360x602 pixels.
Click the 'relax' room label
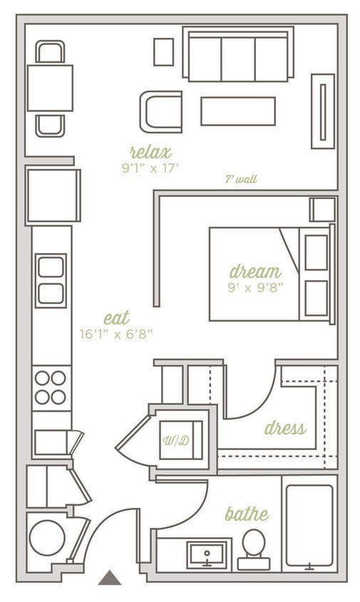click(150, 152)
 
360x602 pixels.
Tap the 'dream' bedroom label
click(255, 272)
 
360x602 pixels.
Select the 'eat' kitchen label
click(116, 318)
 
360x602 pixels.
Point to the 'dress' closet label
click(284, 428)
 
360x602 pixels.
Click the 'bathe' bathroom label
click(247, 514)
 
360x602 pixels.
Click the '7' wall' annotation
click(241, 180)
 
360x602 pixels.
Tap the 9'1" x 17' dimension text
click(150, 169)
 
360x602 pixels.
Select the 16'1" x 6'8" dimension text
click(117, 333)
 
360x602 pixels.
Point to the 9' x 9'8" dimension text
click(256, 287)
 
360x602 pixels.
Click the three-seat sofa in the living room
click(238, 55)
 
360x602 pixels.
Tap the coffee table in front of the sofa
click(238, 111)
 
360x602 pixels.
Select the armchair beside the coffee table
click(161, 111)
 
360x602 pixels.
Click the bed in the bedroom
click(271, 274)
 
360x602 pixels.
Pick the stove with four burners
click(51, 387)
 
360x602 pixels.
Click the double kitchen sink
click(51, 280)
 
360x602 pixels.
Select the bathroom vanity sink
click(207, 554)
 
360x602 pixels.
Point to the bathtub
click(309, 526)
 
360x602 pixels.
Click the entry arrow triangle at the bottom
click(109, 578)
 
